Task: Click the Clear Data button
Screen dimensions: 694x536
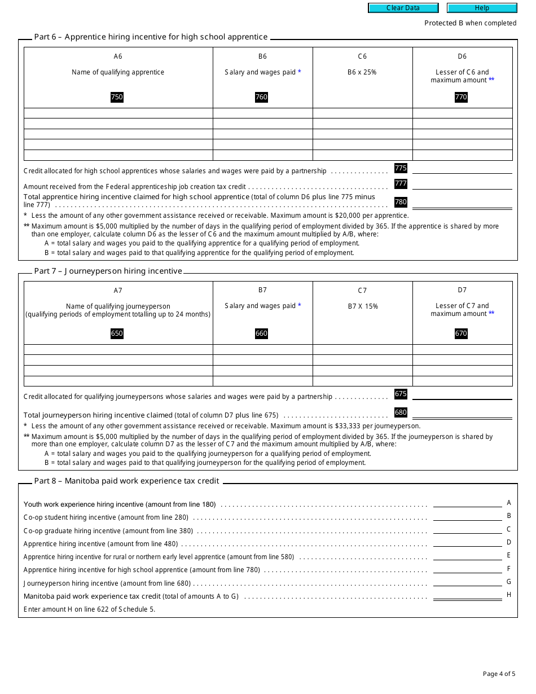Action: [403, 8]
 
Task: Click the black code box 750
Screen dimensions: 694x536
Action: [117, 97]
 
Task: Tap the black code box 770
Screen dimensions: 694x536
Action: [461, 97]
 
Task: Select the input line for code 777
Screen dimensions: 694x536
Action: [462, 185]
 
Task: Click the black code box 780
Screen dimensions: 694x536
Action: [401, 202]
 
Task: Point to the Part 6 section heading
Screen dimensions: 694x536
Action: [151, 37]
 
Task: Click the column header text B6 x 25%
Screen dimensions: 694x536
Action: [362, 72]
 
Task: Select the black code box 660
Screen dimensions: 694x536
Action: [261, 333]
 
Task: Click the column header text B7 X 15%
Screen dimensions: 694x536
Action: [362, 306]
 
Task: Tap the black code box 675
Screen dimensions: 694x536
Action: [401, 394]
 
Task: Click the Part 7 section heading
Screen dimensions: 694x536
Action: [108, 271]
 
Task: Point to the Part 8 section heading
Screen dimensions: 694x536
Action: [126, 481]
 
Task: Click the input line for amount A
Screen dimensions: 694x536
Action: [467, 503]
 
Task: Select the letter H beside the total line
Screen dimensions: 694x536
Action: [509, 595]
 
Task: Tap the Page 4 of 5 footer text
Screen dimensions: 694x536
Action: [499, 674]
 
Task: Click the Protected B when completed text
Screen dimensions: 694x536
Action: [470, 23]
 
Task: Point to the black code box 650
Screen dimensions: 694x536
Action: [117, 333]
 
